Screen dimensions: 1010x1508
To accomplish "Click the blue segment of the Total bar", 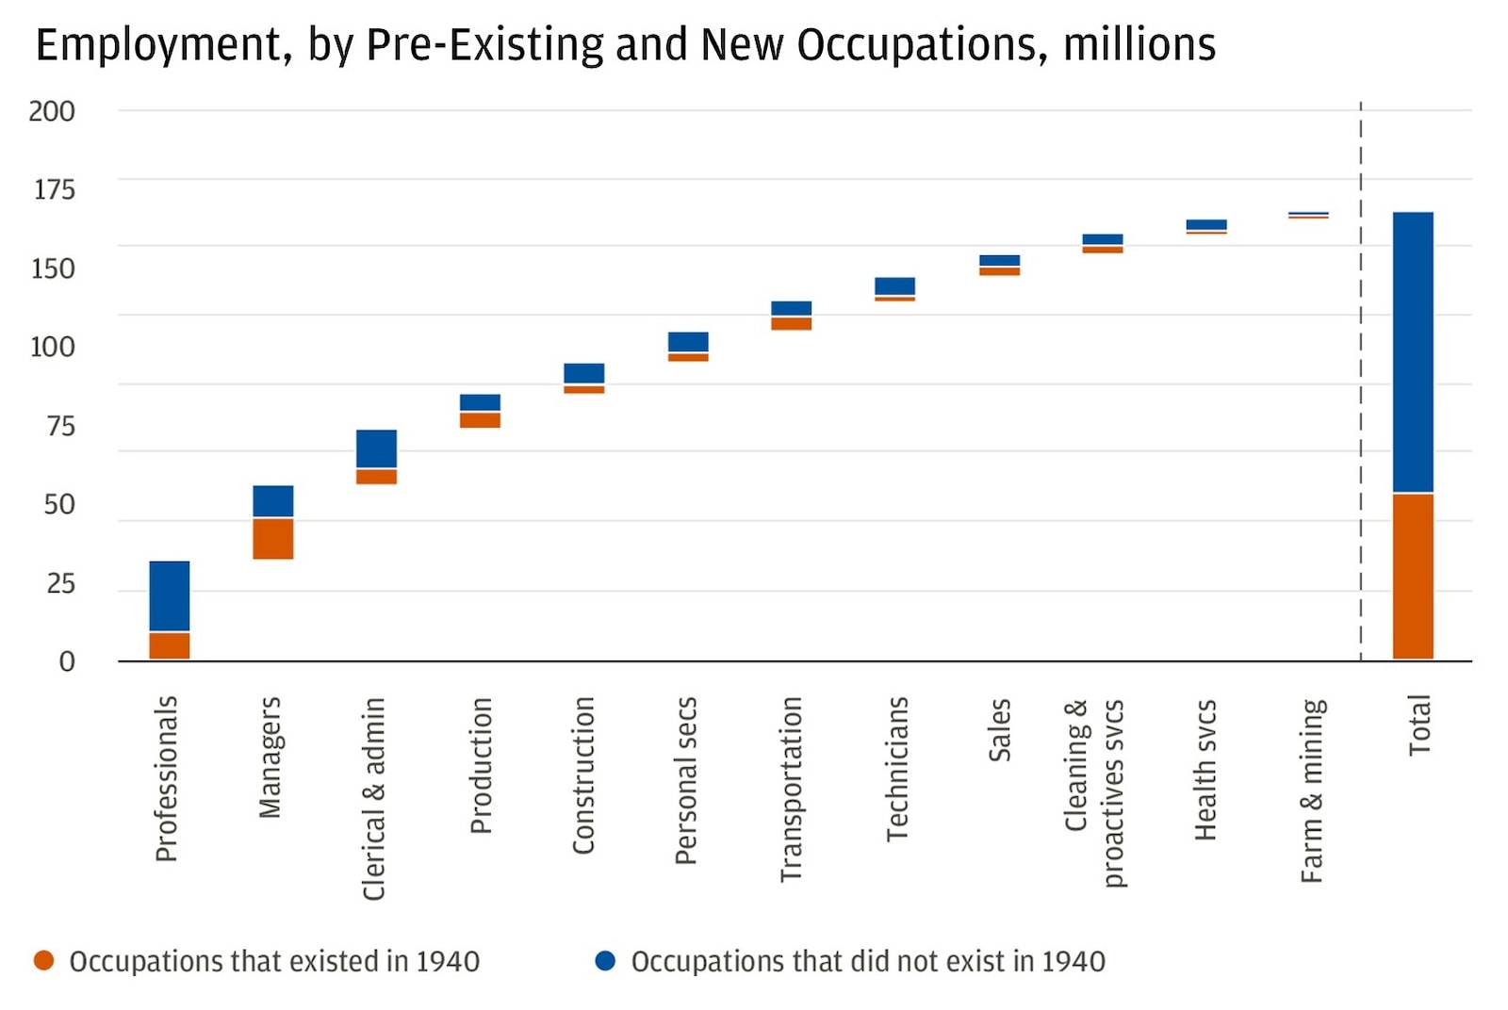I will (x=1413, y=351).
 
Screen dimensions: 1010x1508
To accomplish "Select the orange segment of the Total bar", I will (x=1413, y=576).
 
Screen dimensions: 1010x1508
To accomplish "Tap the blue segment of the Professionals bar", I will (x=170, y=595).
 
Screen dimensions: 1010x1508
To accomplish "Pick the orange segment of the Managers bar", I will (x=273, y=539).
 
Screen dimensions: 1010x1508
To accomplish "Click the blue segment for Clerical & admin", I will (x=376, y=448).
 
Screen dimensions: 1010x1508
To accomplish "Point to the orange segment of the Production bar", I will (x=480, y=420).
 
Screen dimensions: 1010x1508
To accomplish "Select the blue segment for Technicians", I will (x=894, y=286).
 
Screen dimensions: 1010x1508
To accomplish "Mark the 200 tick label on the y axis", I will (x=52, y=111).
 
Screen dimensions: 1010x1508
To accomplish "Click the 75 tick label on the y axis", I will (x=60, y=426).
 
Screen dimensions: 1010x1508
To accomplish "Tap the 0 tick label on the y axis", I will (x=67, y=661).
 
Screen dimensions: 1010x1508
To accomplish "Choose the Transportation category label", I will (x=791, y=789).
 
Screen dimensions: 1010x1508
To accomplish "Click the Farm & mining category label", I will (x=1312, y=790).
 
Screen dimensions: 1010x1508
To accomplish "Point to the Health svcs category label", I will (x=1205, y=770).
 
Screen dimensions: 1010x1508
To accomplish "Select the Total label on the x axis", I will (x=1419, y=725).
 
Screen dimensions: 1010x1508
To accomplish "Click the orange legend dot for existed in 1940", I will (x=43, y=960).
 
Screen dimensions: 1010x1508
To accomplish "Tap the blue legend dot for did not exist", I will (x=605, y=960).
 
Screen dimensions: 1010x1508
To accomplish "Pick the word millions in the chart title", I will (x=1139, y=45).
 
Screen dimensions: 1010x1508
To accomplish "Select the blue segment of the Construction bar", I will (x=584, y=373).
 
